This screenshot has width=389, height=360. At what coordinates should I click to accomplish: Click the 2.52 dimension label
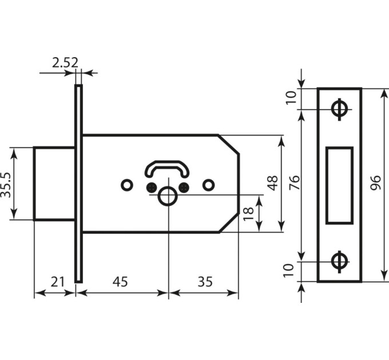(x=65, y=63)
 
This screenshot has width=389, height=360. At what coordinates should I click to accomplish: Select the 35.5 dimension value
(x=6, y=185)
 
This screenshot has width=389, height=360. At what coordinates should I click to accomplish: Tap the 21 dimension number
(x=58, y=282)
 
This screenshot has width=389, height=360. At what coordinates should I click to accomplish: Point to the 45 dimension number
(x=120, y=282)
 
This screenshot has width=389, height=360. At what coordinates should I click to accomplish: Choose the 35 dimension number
(x=205, y=282)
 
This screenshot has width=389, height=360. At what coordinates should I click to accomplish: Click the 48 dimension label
(x=273, y=183)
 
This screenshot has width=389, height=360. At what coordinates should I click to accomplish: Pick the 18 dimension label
(x=248, y=213)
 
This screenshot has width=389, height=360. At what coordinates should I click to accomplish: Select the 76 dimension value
(x=295, y=182)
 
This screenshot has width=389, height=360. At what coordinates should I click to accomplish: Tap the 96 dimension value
(x=375, y=183)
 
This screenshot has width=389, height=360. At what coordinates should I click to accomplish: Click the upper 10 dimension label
(x=291, y=98)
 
